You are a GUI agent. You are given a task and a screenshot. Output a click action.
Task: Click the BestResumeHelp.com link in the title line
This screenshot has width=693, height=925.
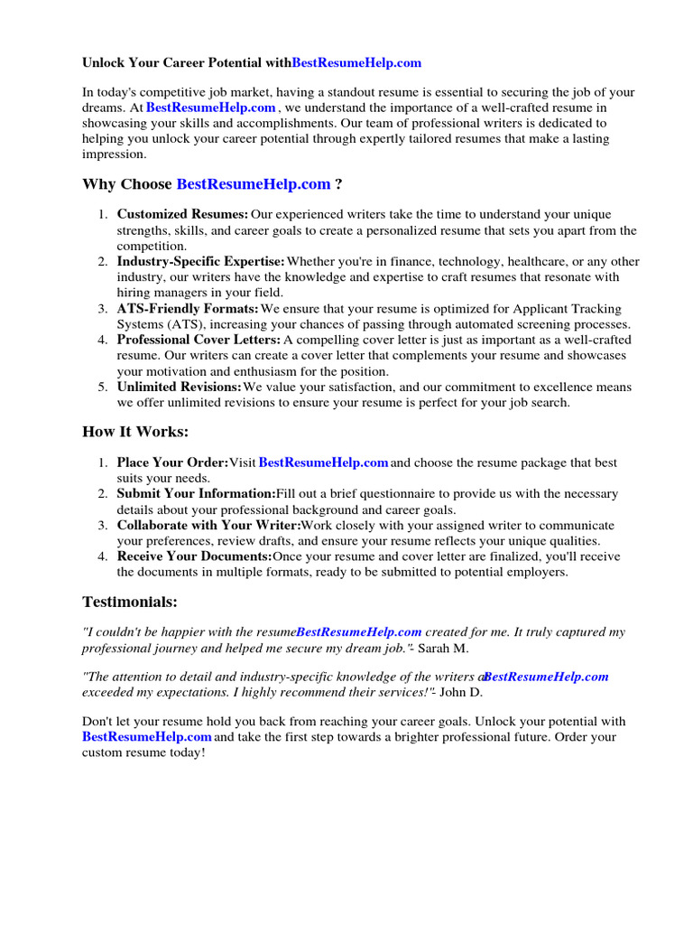pyautogui.click(x=356, y=63)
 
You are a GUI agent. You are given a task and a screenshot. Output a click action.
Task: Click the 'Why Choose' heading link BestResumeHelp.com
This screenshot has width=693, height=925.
pyautogui.click(x=254, y=184)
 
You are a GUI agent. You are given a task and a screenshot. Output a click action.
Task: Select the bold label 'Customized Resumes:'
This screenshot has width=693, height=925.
pyautogui.click(x=182, y=215)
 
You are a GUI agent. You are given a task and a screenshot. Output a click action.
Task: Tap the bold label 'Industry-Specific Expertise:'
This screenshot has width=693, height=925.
pyautogui.click(x=200, y=262)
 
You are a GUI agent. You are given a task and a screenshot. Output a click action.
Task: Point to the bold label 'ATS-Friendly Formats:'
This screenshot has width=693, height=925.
pyautogui.click(x=188, y=309)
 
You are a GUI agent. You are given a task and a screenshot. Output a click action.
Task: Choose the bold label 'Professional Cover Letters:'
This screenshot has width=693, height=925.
pyautogui.click(x=199, y=340)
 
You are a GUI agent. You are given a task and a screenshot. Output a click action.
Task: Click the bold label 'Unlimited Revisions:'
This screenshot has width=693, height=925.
pyautogui.click(x=179, y=387)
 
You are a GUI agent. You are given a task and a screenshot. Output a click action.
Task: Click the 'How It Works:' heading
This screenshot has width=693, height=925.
pyautogui.click(x=135, y=432)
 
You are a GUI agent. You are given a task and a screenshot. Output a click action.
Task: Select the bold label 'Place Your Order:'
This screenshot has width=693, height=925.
pyautogui.click(x=172, y=462)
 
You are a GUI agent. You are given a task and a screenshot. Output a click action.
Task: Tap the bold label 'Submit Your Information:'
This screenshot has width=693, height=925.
pyautogui.click(x=196, y=494)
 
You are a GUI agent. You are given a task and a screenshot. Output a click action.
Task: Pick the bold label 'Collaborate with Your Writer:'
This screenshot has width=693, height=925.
pyautogui.click(x=208, y=525)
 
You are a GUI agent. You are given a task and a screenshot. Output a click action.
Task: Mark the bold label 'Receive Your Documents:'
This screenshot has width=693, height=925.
pyautogui.click(x=194, y=556)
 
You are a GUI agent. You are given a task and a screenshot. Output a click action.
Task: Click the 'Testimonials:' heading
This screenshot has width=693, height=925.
pyautogui.click(x=130, y=602)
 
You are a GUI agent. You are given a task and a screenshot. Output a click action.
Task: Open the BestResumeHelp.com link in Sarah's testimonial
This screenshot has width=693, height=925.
pyautogui.click(x=359, y=632)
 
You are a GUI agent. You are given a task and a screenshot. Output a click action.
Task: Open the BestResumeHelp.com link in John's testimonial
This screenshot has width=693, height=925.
pyautogui.click(x=546, y=677)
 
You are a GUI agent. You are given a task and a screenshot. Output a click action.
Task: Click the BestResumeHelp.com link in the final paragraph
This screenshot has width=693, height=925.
pyautogui.click(x=147, y=737)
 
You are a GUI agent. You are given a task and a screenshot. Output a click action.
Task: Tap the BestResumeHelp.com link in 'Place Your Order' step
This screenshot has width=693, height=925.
pyautogui.click(x=323, y=462)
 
